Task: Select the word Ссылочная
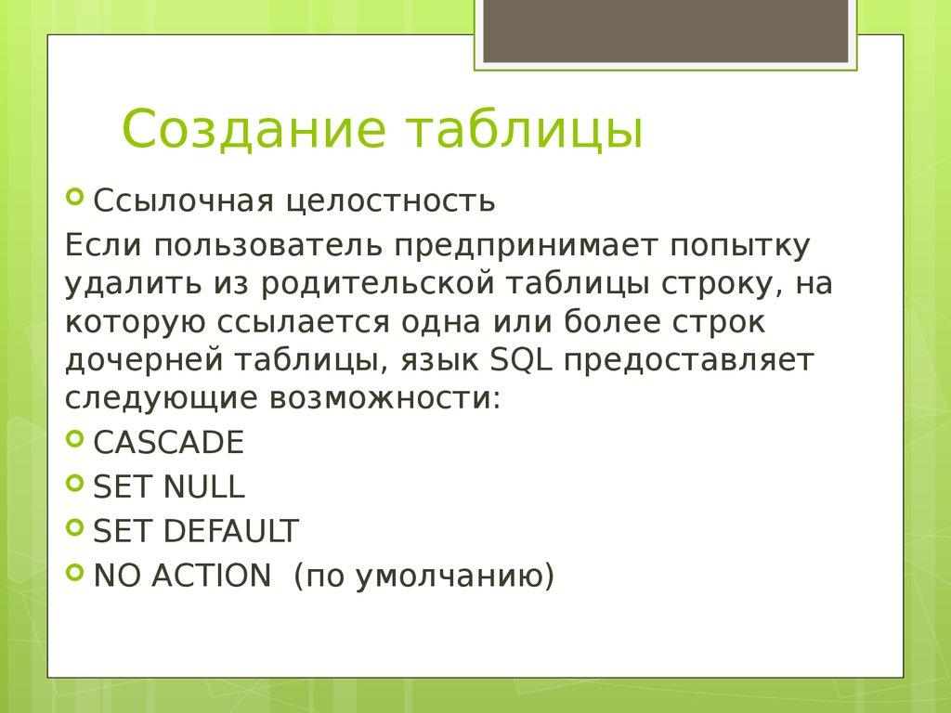click(x=183, y=201)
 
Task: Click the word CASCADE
click(x=169, y=443)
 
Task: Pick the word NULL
click(x=203, y=487)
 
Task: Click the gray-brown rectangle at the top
click(x=666, y=32)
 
